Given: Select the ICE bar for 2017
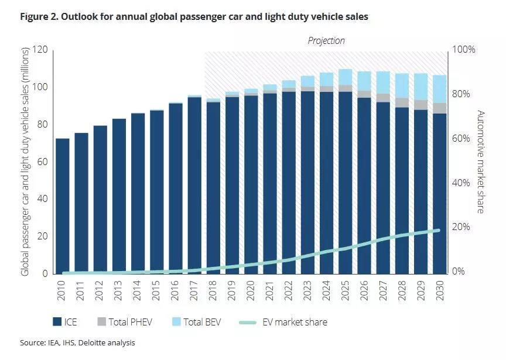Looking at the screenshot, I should (194, 185).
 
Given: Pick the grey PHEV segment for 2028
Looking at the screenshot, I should (402, 102).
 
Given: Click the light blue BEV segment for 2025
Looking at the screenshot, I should (346, 77).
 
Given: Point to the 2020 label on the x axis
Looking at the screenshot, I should (251, 292).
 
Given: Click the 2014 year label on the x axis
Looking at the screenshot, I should (138, 292).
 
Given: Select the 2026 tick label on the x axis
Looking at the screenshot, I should (365, 292).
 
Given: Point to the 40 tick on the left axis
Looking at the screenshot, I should (40, 199).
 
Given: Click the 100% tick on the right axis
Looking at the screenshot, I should (463, 50).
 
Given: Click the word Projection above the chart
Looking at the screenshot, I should (326, 41).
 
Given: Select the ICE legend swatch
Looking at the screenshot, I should (57, 322).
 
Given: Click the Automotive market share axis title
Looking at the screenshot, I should (480, 162).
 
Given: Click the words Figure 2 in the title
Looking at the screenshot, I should (39, 17).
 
